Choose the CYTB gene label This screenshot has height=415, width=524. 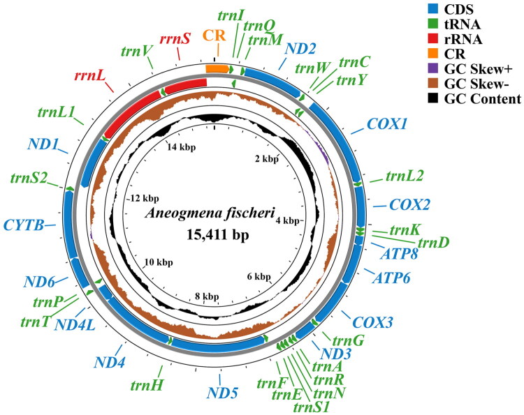(24, 225)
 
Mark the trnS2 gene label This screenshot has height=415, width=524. (29, 179)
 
